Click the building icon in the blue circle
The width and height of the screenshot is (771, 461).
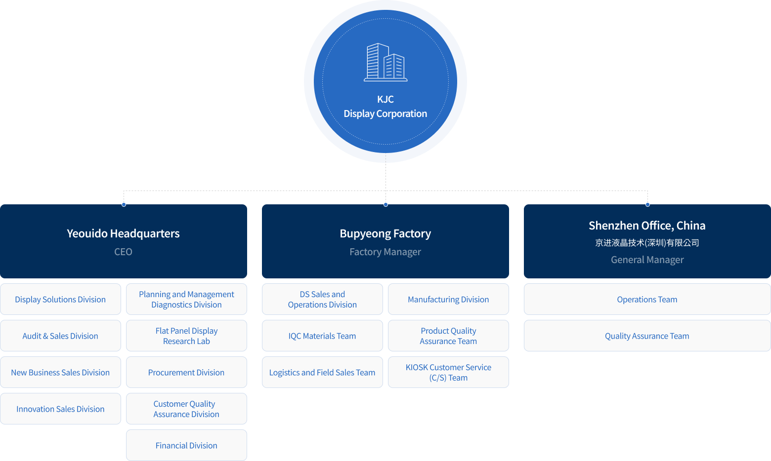pos(385,62)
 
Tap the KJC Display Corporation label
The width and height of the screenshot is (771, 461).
pos(385,106)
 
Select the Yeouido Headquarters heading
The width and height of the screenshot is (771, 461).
pos(123,233)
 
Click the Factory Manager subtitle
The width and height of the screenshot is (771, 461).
pos(385,252)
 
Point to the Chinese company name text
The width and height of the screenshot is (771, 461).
pos(647,243)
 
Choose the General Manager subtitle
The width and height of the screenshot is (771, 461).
pos(647,260)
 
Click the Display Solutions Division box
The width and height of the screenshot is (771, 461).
pos(61,299)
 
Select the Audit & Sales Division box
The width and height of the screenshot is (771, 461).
pos(61,336)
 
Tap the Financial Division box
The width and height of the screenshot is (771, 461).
pos(186,445)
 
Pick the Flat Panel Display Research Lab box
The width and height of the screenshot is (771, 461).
pos(186,336)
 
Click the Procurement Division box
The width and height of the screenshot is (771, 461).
pos(186,372)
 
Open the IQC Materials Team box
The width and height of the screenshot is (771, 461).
pos(322,336)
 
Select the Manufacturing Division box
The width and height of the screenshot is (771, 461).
pos(448,299)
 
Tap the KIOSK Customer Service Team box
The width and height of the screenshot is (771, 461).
pos(448,372)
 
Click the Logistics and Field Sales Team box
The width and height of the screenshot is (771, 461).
pos(322,372)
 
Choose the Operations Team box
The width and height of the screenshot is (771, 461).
pos(647,299)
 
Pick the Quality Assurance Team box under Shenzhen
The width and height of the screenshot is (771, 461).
pos(647,336)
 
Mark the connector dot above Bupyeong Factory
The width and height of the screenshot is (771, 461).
pos(385,204)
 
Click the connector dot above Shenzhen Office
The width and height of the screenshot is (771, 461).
pos(647,204)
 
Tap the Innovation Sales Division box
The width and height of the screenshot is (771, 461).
pos(61,408)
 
